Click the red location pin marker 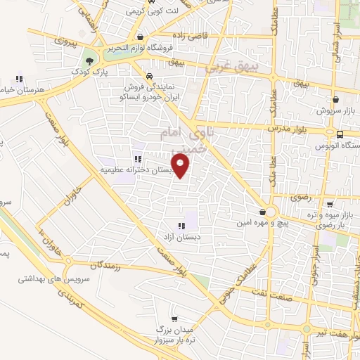(x=181, y=166)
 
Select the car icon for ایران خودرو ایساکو (x=149, y=76)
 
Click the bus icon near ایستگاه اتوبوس (x=340, y=134)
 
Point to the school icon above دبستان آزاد (x=181, y=226)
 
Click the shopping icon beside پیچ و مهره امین (x=262, y=212)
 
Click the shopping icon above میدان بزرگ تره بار (x=174, y=319)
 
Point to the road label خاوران (x=79, y=190)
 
